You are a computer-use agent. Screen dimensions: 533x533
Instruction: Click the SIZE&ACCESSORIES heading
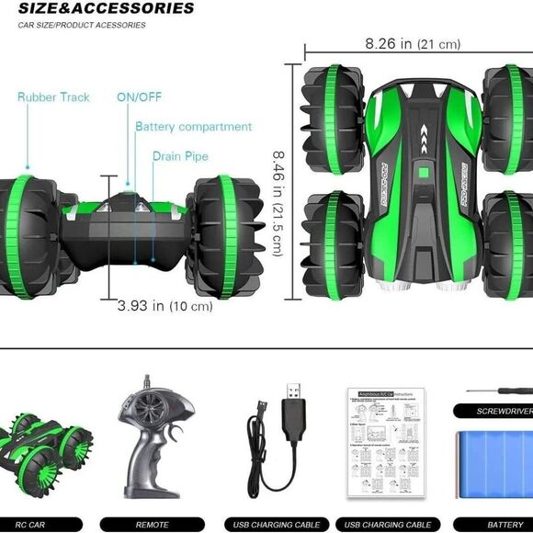(x=106, y=8)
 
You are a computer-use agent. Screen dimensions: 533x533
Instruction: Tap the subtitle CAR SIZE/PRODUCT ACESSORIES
(x=82, y=25)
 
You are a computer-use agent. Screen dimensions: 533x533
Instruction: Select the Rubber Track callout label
(x=53, y=97)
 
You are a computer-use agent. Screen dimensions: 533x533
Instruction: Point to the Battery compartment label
(x=193, y=127)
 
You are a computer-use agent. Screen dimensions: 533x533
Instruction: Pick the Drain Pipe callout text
(x=180, y=156)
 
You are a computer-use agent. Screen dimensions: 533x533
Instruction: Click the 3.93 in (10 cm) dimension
(x=164, y=305)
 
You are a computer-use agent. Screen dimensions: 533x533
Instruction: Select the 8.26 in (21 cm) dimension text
(x=413, y=44)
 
